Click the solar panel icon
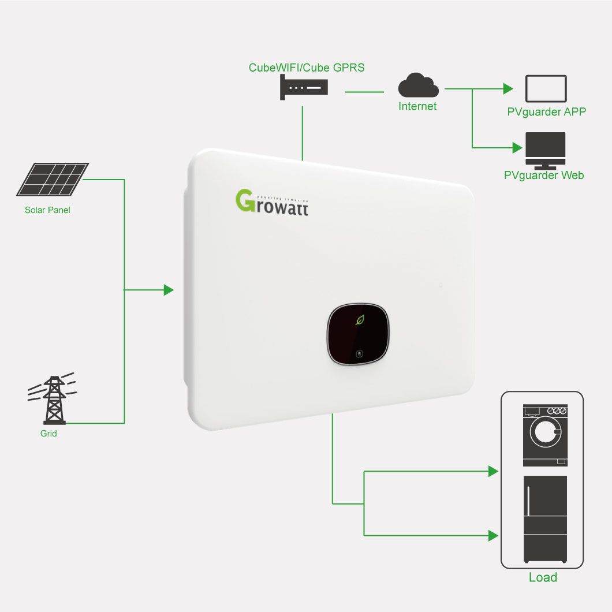click(x=53, y=179)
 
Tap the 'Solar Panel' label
click(x=47, y=210)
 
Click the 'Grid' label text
click(x=48, y=433)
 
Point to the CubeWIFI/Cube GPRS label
click(x=307, y=68)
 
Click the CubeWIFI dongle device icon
click(x=304, y=88)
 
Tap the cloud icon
click(x=418, y=86)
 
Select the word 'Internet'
click(x=417, y=106)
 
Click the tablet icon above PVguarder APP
click(x=546, y=89)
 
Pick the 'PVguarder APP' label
click(x=546, y=112)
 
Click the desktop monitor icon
click(x=545, y=150)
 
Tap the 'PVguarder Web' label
click(x=544, y=175)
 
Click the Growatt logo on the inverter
click(x=272, y=202)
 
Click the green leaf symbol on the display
click(x=360, y=319)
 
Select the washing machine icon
click(x=545, y=435)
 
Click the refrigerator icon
click(x=545, y=518)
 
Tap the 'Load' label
click(x=543, y=577)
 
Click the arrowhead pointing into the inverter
click(x=169, y=290)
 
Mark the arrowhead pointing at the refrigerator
click(x=493, y=536)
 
